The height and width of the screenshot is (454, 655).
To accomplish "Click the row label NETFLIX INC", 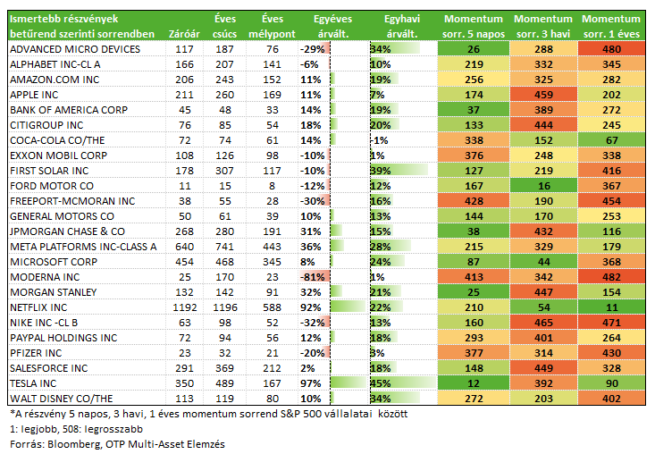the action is click(x=38, y=307).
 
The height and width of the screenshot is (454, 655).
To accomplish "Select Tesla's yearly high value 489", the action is click(x=225, y=383).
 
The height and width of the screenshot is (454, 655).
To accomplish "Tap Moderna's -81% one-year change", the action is click(x=313, y=277).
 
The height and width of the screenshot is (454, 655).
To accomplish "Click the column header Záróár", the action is click(x=184, y=34).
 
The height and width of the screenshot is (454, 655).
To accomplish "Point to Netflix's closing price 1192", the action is click(x=185, y=307).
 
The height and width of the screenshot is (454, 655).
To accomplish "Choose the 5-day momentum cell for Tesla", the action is click(x=474, y=383).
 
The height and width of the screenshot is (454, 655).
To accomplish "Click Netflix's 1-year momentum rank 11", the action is click(x=611, y=307).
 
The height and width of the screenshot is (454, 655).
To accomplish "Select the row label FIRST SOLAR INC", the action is click(x=49, y=171).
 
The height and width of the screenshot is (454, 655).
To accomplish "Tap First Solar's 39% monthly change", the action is click(x=381, y=171).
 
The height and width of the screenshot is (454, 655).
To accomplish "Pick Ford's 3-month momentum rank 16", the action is click(x=543, y=186).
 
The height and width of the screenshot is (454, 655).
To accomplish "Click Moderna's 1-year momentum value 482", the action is click(x=611, y=277).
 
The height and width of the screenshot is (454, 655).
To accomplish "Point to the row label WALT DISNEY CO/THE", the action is click(x=62, y=399).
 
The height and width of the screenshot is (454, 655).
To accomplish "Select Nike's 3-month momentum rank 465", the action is click(x=543, y=323).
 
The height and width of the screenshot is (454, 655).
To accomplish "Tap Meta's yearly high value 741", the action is click(x=225, y=247).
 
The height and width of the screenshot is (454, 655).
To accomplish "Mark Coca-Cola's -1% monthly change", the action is click(x=380, y=140).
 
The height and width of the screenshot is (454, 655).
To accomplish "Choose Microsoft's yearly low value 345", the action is click(x=272, y=262).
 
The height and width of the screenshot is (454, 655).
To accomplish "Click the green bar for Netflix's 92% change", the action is click(x=348, y=307).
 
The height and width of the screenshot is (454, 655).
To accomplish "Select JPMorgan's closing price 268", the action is click(x=185, y=231).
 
